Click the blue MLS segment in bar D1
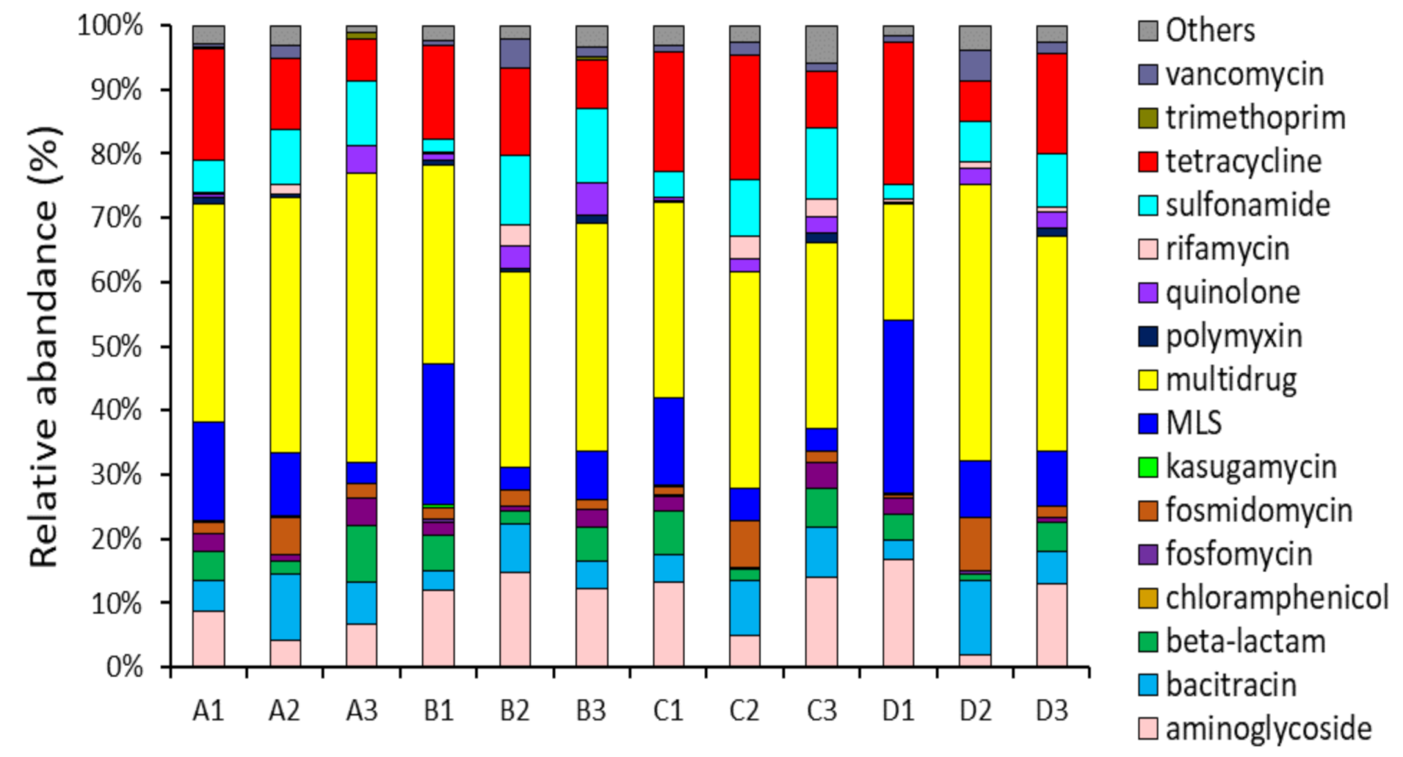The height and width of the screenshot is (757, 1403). [x=898, y=407]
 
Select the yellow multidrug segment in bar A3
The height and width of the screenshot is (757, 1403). [x=361, y=318]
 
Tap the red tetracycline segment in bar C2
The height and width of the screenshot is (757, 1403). [x=744, y=117]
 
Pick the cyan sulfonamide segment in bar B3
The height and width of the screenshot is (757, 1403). [x=592, y=145]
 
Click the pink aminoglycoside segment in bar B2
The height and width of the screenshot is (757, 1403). [x=515, y=619]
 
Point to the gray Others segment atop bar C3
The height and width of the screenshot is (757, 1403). [x=821, y=44]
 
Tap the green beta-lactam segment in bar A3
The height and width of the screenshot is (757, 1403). [x=361, y=553]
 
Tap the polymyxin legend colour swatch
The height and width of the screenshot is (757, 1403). [x=1148, y=336]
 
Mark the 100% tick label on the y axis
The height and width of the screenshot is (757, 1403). [x=111, y=26]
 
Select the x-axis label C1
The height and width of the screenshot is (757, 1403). [x=668, y=710]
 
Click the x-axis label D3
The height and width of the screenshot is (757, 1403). [x=1051, y=710]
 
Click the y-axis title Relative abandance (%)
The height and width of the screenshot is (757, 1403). [x=46, y=345]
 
